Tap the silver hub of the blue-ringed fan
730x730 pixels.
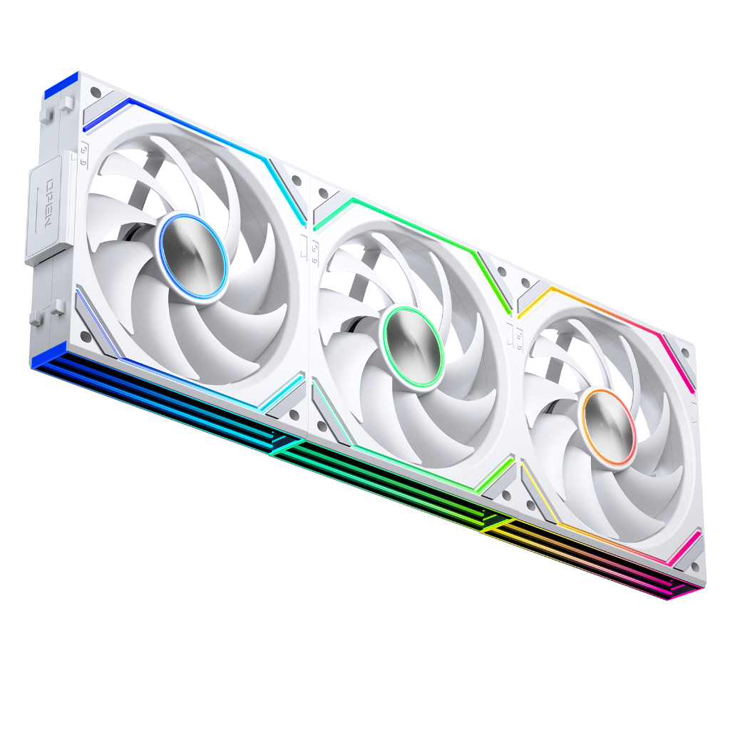click(x=193, y=256)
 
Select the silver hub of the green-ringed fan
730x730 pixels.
click(x=413, y=346)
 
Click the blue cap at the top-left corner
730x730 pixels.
click(x=61, y=85)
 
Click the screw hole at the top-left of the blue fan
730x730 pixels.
click(x=96, y=92)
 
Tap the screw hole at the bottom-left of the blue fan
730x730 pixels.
click(x=86, y=336)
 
